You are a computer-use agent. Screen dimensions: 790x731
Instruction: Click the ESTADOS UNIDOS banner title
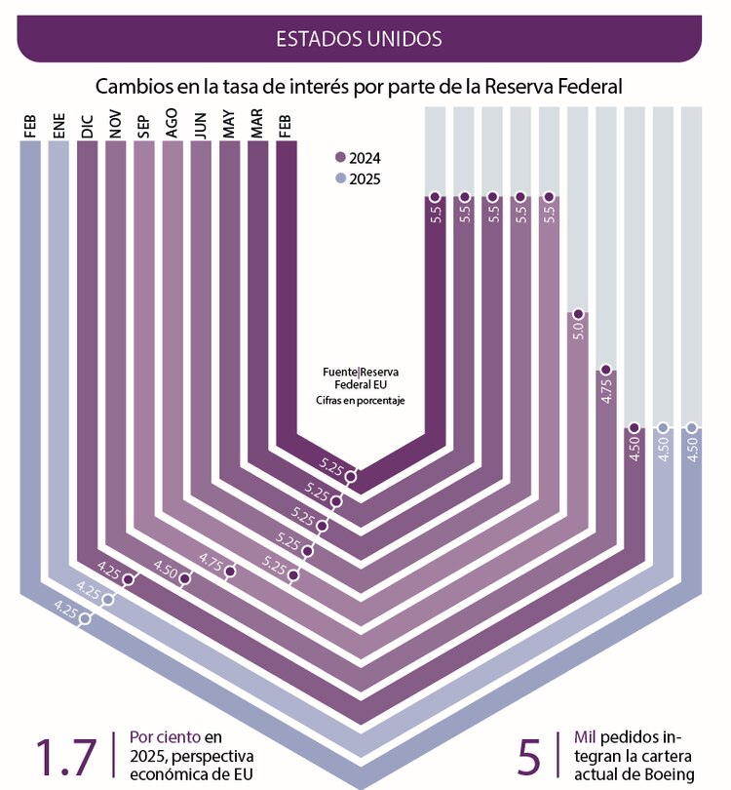pyautogui.click(x=359, y=38)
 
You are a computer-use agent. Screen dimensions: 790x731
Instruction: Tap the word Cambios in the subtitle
pyautogui.click(x=132, y=87)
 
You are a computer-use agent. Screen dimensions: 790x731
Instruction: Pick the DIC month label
pyautogui.click(x=88, y=127)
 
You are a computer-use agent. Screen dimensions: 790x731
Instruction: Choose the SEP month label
pyautogui.click(x=144, y=129)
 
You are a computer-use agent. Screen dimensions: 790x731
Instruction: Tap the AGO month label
pyautogui.click(x=173, y=127)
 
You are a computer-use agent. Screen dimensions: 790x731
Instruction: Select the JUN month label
pyautogui.click(x=201, y=127)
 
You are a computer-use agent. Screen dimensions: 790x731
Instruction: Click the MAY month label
pyautogui.click(x=229, y=127)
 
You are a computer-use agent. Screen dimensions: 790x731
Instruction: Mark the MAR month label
pyautogui.click(x=257, y=127)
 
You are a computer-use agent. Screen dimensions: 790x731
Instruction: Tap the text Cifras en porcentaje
pyautogui.click(x=360, y=401)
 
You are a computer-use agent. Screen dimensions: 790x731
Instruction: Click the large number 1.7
pyautogui.click(x=66, y=756)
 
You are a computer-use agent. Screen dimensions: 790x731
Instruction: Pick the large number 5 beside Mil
pyautogui.click(x=529, y=756)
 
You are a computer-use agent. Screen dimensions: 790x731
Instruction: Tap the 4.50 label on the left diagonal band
pyautogui.click(x=167, y=572)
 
